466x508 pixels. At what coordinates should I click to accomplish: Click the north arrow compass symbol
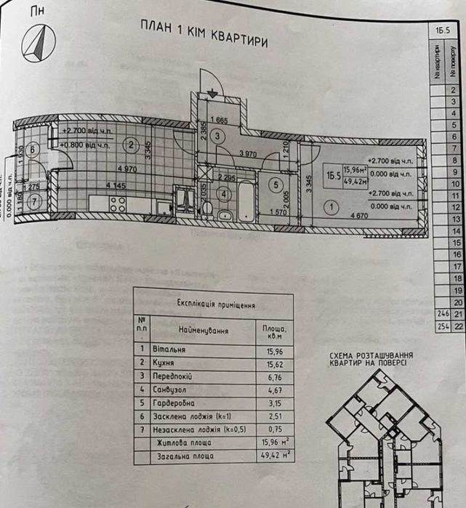tap(38, 44)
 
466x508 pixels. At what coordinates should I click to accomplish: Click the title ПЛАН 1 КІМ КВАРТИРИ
tap(204, 33)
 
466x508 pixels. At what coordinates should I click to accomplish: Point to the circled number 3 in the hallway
tap(222, 135)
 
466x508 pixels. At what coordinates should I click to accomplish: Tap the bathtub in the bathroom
tap(246, 202)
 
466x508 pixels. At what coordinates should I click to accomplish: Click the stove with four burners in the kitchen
tap(118, 204)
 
